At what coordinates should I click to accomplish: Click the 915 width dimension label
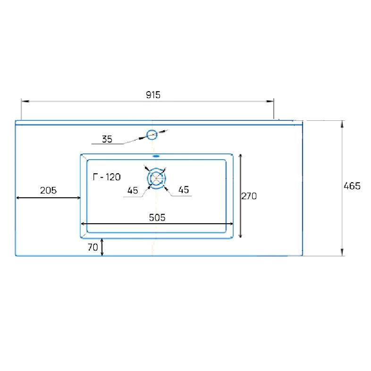pos(153,95)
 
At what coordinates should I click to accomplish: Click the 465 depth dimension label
pos(352,186)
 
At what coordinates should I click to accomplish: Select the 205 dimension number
pos(48,190)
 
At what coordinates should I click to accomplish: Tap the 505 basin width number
pos(157,218)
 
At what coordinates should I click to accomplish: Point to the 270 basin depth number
pos(249,196)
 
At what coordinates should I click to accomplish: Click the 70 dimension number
pos(93,247)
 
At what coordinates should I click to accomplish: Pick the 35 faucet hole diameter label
pos(107,139)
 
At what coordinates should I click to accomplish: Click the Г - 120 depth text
pos(107,177)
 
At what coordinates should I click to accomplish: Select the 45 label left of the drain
pos(133,191)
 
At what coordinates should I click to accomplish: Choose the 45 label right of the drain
pos(184,190)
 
